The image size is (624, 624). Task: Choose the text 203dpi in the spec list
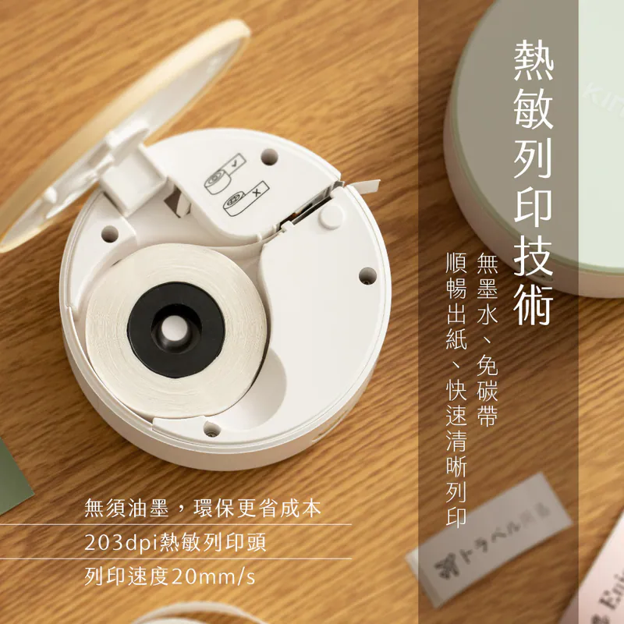tap(114, 542)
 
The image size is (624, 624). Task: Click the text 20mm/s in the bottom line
tap(213, 577)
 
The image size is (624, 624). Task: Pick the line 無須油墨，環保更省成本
tap(202, 510)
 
